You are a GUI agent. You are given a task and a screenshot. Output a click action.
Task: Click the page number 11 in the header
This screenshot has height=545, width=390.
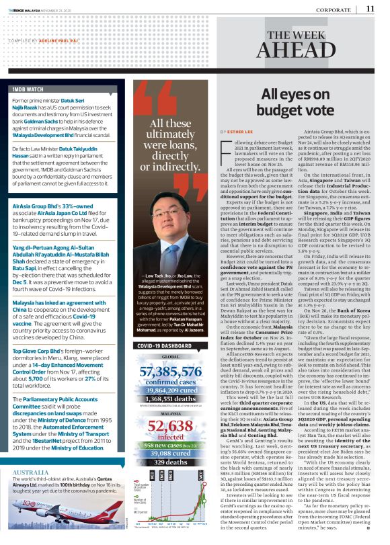click(370, 9)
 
